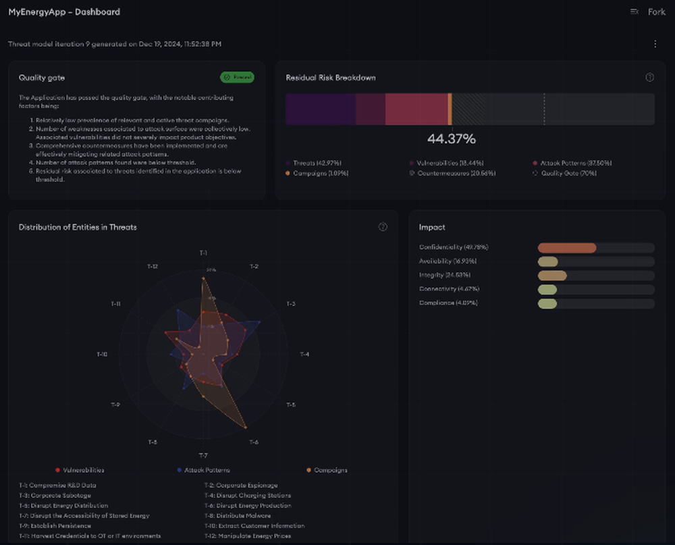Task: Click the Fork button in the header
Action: click(656, 11)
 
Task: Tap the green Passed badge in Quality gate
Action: click(237, 78)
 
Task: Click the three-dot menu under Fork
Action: click(655, 44)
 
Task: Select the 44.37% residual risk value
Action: click(452, 139)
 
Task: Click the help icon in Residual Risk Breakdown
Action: click(649, 78)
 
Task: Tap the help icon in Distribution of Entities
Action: click(383, 227)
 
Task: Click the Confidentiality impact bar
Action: click(567, 248)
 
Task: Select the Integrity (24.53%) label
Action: click(444, 276)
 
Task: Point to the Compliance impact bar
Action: click(547, 304)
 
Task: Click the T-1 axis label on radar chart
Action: click(203, 253)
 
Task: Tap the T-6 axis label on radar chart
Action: click(254, 442)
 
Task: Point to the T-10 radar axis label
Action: click(102, 355)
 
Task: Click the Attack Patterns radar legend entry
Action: click(207, 470)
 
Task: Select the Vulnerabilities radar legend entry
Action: click(83, 470)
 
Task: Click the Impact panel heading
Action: click(432, 228)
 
